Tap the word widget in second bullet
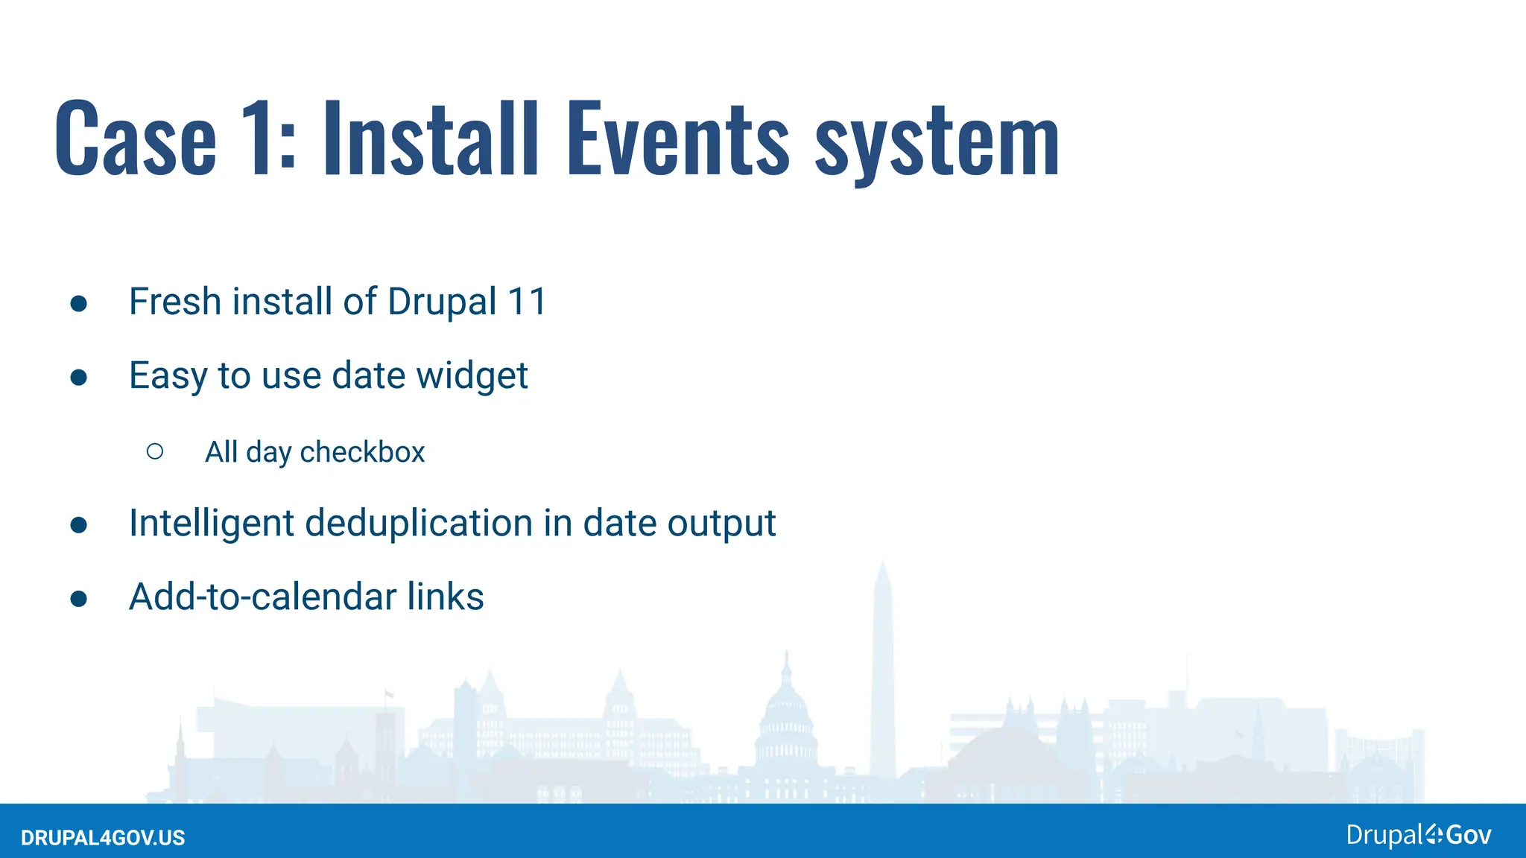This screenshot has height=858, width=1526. tap(472, 375)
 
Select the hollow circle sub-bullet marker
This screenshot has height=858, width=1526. tap(155, 451)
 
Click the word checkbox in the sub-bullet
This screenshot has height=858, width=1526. tap(362, 452)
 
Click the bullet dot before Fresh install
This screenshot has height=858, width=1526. tap(79, 303)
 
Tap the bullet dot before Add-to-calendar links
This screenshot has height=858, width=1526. tap(79, 598)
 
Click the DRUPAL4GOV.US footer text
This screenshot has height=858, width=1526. tap(103, 838)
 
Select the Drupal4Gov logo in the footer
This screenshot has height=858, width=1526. tap(1418, 835)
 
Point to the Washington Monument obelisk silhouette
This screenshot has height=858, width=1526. tap(883, 670)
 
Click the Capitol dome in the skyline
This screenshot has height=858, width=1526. tap(787, 708)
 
